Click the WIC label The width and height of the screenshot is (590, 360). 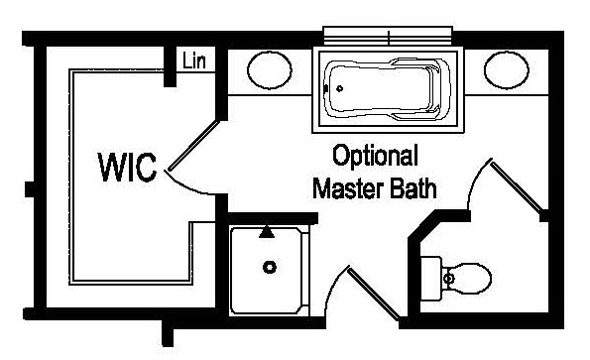(128, 167)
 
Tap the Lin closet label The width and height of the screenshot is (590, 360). (193, 60)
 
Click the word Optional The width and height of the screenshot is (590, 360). (375, 157)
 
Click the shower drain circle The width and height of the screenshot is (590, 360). (268, 267)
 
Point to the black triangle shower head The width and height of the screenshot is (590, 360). (266, 233)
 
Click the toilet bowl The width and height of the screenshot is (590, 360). (467, 279)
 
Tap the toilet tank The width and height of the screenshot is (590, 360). (430, 277)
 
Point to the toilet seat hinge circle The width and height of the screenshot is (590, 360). (447, 279)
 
